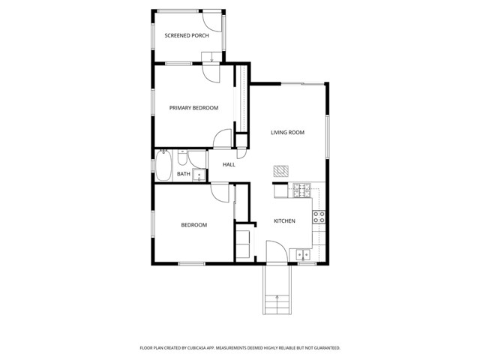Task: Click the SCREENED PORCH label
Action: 187,35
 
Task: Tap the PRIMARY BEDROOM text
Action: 193,108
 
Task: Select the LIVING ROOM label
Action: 287,133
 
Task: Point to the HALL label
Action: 229,164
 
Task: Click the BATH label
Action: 183,175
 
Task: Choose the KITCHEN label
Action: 284,221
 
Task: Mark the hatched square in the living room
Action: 280,170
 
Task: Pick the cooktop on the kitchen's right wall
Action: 319,217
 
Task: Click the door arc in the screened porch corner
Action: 215,23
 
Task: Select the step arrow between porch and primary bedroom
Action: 212,57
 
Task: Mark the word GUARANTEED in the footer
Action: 325,348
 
